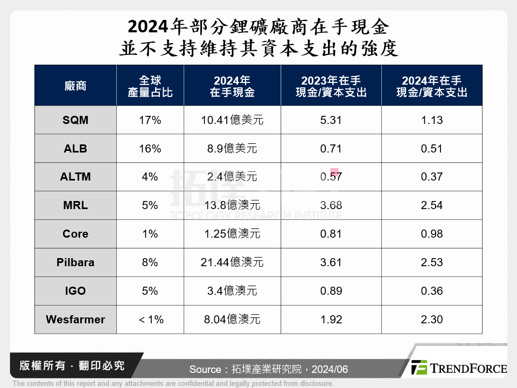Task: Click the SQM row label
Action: [75, 120]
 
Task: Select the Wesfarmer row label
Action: [75, 320]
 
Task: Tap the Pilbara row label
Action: [75, 262]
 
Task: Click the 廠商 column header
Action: [75, 86]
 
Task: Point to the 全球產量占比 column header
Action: [150, 86]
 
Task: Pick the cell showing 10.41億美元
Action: [232, 120]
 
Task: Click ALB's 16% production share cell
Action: [150, 149]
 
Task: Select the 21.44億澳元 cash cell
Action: [232, 262]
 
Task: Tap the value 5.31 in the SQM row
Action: [331, 120]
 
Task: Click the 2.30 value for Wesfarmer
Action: [432, 320]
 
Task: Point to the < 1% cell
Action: [150, 320]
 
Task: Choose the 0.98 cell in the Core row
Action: [432, 234]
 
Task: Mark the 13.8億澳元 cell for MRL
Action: [232, 205]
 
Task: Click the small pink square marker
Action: [334, 172]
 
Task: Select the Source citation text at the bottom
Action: [269, 369]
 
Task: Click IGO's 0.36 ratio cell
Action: [432, 291]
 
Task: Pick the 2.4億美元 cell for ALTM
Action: [232, 177]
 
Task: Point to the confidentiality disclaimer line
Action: [173, 384]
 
